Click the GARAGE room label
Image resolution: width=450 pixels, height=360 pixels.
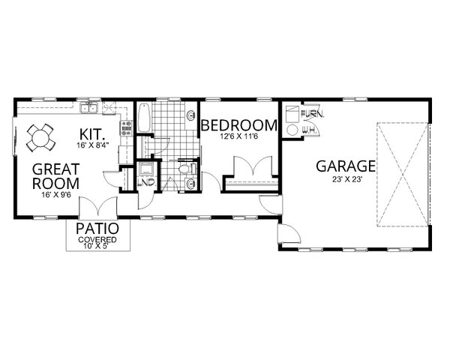point(346,165)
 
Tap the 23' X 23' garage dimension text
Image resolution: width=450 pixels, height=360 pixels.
point(346,178)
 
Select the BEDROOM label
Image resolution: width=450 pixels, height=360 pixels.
point(238,125)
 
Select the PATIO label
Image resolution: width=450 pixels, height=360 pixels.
point(97,229)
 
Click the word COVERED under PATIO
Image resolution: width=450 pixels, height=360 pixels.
point(97,240)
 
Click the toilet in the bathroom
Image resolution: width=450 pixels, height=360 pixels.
point(185,170)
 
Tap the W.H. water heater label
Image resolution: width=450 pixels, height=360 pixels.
point(307,130)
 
